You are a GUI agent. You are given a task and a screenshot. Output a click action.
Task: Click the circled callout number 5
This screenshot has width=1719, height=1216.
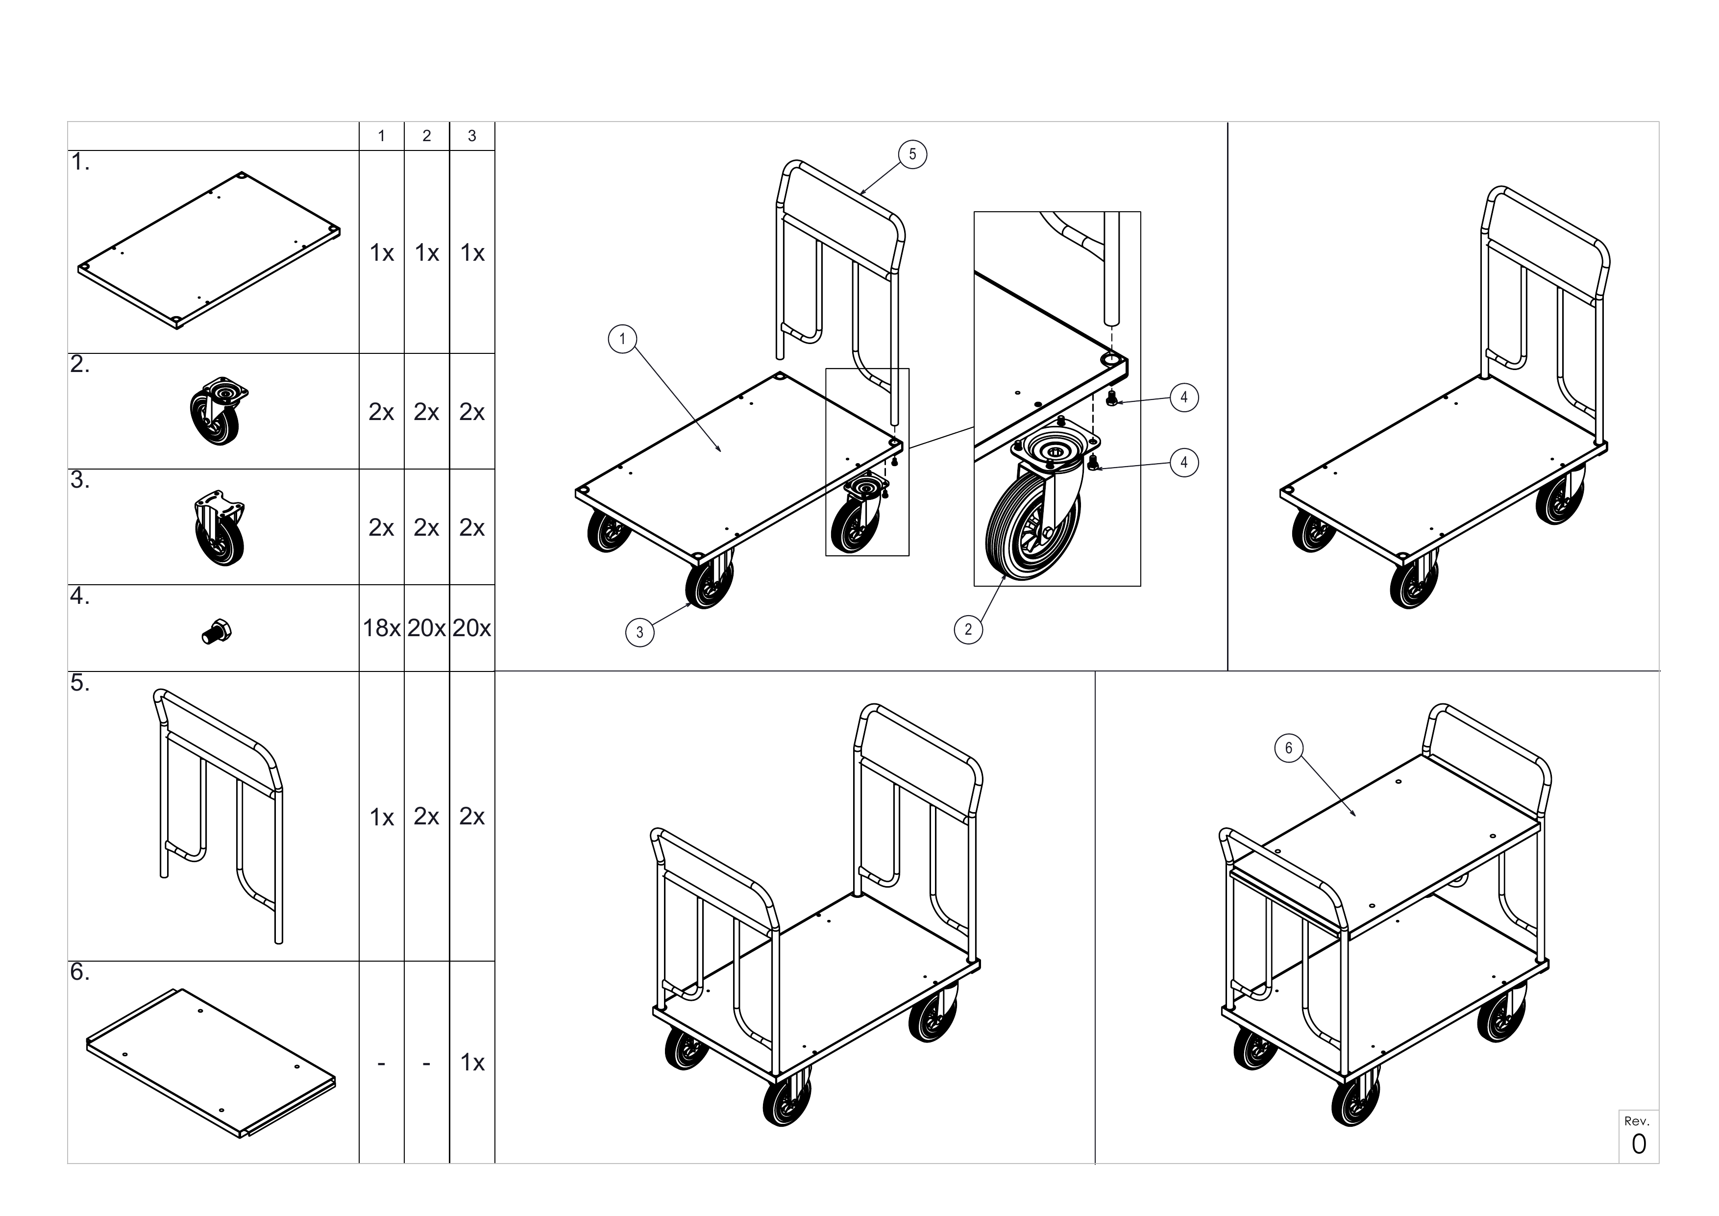[x=912, y=154]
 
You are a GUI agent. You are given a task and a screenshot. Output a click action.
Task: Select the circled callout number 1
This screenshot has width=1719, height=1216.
[x=622, y=339]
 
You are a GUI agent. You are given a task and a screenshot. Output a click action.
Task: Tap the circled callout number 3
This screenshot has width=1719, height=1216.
[x=639, y=632]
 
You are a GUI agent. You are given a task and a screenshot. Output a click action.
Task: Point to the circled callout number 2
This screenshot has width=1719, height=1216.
[x=968, y=629]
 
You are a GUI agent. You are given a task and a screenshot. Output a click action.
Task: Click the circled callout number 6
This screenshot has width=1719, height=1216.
[x=1288, y=747]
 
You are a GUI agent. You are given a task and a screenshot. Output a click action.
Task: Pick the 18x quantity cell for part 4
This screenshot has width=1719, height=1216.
[x=382, y=628]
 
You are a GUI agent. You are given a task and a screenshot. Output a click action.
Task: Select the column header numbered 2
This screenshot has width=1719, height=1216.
[x=427, y=136]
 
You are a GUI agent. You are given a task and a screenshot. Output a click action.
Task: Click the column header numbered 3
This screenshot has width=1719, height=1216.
[x=472, y=136]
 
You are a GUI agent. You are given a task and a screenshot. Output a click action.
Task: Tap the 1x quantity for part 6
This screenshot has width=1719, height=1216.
[x=472, y=1063]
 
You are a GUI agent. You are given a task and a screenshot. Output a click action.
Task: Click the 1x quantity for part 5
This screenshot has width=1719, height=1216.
[x=382, y=817]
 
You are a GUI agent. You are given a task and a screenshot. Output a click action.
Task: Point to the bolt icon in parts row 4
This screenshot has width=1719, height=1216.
[x=217, y=632]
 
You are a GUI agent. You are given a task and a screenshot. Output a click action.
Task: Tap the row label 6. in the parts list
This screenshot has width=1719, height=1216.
[x=80, y=972]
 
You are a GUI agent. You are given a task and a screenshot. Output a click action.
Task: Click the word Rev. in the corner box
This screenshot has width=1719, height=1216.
[x=1637, y=1121]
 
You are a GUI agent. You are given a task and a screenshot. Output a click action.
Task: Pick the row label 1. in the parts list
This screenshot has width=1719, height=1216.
[x=80, y=163]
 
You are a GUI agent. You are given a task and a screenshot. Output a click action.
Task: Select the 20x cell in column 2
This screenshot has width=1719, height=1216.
[x=427, y=628]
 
